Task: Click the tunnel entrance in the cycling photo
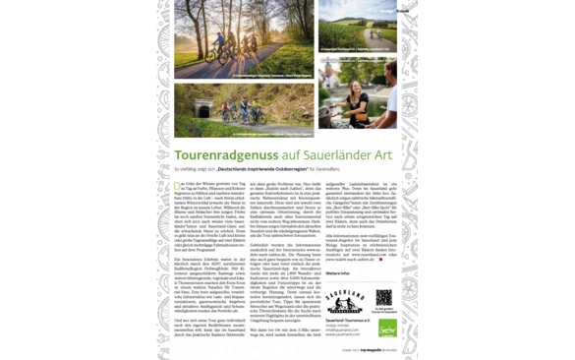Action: (203, 111)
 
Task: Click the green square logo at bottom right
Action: (387, 326)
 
